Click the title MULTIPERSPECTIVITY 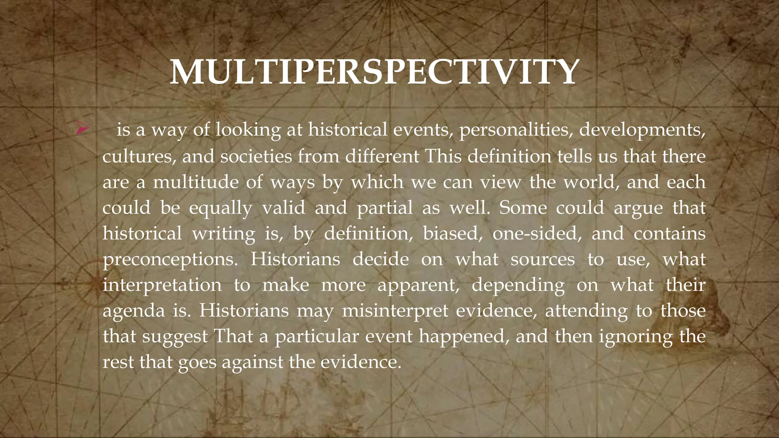(374, 72)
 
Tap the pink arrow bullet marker (81, 128)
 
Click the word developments (642, 130)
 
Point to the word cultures (139, 157)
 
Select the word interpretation (162, 285)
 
